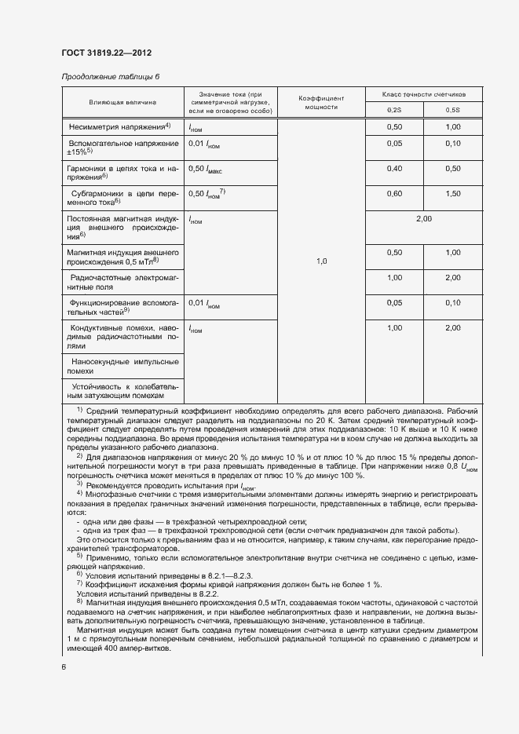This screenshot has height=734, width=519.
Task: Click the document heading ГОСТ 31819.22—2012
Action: pos(106,53)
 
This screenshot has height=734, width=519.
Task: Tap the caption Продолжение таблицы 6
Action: pos(110,76)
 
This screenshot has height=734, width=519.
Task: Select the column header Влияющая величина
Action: pos(122,102)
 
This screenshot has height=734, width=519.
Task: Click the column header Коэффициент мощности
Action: pos(321,102)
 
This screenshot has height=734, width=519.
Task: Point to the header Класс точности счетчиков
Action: pos(424,93)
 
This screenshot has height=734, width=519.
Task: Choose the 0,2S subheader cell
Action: pos(394,110)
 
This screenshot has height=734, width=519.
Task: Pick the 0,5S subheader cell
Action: pos(453,110)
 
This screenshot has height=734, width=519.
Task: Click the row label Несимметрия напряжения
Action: pos(120,126)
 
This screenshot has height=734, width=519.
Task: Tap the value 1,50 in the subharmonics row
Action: pos(453,193)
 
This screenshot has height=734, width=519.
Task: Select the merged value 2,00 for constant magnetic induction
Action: pos(423,218)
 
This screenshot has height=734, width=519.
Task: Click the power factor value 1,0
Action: pos(321,261)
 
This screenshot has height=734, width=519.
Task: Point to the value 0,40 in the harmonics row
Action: pos(394,169)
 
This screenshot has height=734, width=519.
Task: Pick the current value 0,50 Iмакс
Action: pos(206,169)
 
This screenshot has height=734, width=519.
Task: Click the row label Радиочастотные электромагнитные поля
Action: pos(122,283)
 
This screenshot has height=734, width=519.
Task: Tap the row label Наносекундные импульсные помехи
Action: pos(122,366)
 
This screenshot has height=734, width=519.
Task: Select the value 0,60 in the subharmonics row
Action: pos(394,193)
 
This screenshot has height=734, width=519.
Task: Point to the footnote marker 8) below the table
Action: pos(79,601)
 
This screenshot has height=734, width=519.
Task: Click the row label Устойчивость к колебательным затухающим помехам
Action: pos(122,391)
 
